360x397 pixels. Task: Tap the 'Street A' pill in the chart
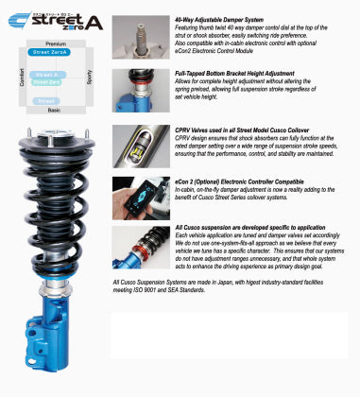(x=43, y=74)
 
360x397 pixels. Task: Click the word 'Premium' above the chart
(x=56, y=43)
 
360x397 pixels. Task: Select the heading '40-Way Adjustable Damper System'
(x=218, y=19)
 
